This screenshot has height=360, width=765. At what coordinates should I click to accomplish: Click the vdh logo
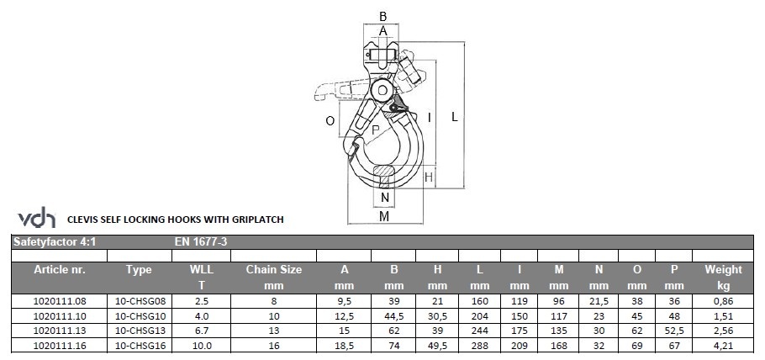pyautogui.click(x=37, y=217)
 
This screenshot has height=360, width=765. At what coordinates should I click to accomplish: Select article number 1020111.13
pyautogui.click(x=59, y=331)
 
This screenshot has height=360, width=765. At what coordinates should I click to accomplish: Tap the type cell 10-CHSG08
pyautogui.click(x=139, y=301)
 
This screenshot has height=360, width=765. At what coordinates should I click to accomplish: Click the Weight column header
pyautogui.click(x=723, y=278)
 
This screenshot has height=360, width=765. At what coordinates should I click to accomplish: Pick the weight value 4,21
pyautogui.click(x=723, y=346)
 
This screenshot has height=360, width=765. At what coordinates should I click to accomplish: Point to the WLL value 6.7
pyautogui.click(x=201, y=331)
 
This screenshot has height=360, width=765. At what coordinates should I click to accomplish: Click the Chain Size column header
pyautogui.click(x=274, y=278)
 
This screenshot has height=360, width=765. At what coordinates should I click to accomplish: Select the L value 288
pyautogui.click(x=480, y=346)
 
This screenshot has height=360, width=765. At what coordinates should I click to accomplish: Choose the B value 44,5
pyautogui.click(x=393, y=316)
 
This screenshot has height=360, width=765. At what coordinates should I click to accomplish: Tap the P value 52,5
pyautogui.click(x=674, y=331)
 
